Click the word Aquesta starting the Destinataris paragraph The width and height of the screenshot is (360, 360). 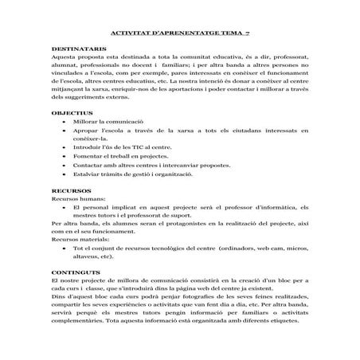click(x=65, y=57)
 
